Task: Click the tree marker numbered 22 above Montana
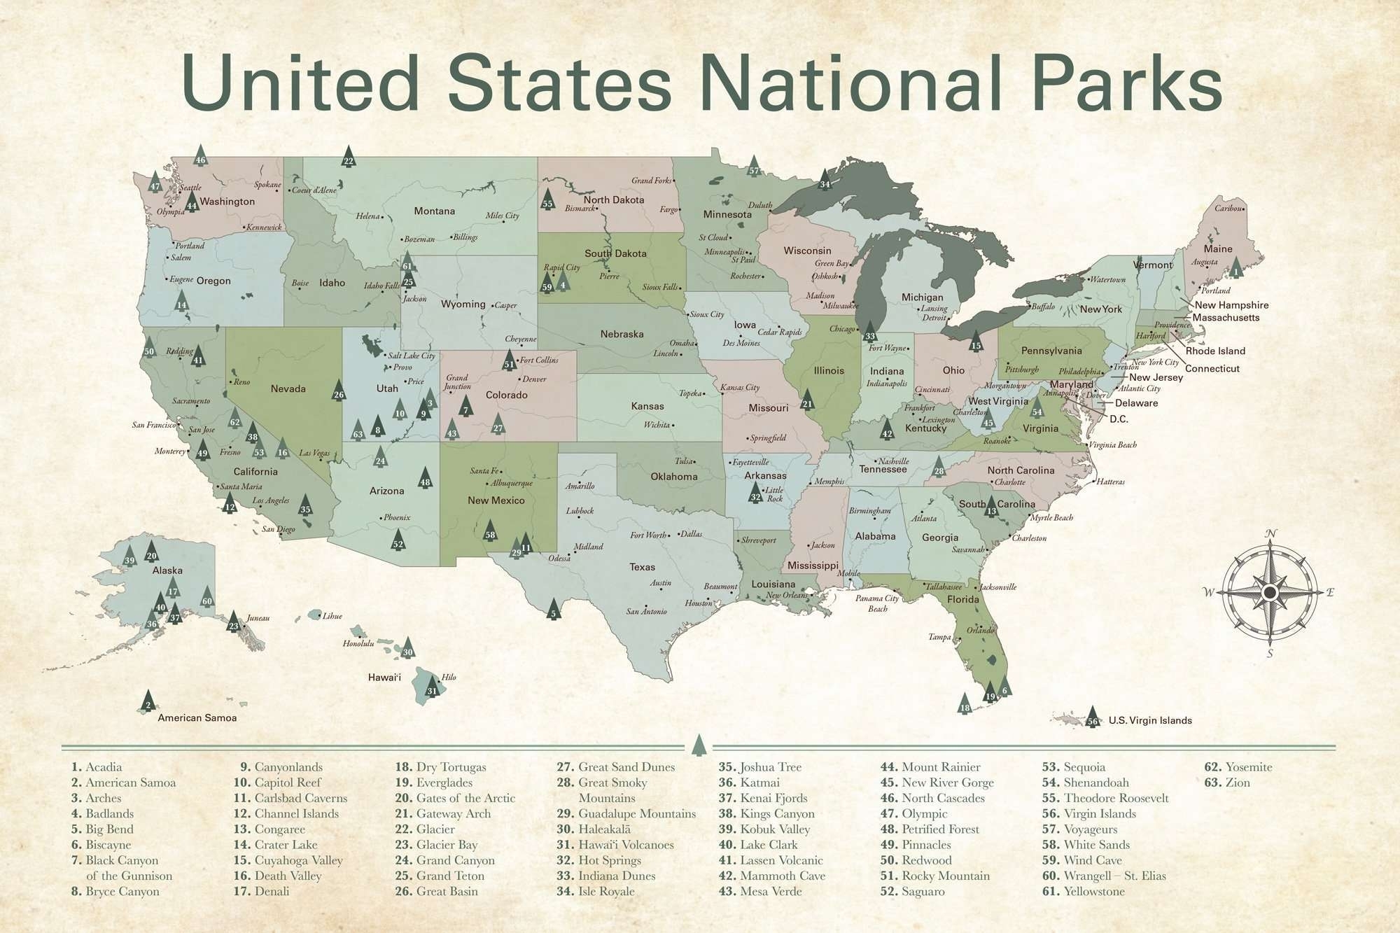[x=349, y=157]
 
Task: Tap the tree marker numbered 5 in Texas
[x=554, y=610]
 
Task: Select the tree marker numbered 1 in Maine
[x=1236, y=268]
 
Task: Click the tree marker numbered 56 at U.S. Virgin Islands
[x=1093, y=717]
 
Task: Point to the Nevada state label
[x=288, y=389]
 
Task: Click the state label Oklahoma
[x=674, y=477]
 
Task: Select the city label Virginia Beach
[x=1112, y=445]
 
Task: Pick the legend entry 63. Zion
[x=1227, y=783]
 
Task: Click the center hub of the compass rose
[x=1270, y=594]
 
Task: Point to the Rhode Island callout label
[x=1215, y=351]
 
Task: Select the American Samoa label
[x=197, y=718]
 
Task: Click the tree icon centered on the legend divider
[x=698, y=746]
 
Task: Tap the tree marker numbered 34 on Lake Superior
[x=825, y=181]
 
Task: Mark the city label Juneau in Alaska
[x=258, y=619]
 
